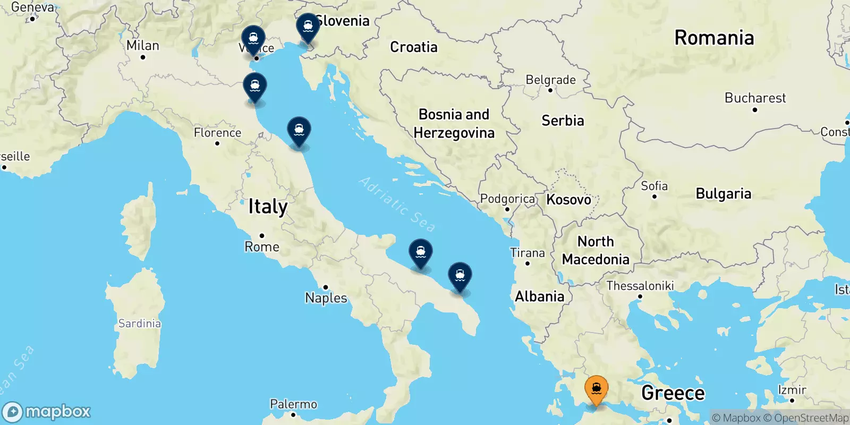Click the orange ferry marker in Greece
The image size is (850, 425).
[x=596, y=390]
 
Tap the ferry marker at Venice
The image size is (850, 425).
[x=253, y=39]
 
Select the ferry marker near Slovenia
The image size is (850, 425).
[x=308, y=27]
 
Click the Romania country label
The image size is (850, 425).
[x=713, y=38]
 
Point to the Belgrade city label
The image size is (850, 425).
[x=550, y=80]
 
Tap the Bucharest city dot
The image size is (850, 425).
[x=754, y=110]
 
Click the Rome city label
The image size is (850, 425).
[x=261, y=246]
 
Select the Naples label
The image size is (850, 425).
[x=326, y=298]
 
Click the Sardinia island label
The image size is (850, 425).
[x=139, y=324]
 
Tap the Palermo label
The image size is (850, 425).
[x=293, y=404]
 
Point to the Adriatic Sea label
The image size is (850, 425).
[x=397, y=204]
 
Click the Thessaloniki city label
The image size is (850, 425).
[x=640, y=286]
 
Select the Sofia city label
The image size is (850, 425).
[x=654, y=186]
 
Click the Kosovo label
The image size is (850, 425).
[x=568, y=200]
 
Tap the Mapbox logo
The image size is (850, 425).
[x=47, y=412]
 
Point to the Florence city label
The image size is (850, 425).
[x=217, y=132]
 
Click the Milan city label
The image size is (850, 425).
[x=142, y=46]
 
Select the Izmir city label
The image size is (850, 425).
[x=792, y=390]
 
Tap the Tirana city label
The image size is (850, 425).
[x=527, y=253]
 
